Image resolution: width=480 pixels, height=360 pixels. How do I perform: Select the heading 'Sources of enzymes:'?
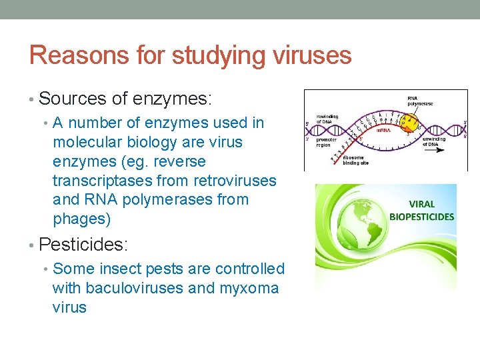tap(125, 99)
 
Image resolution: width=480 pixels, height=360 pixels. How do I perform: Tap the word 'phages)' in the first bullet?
tap(81, 219)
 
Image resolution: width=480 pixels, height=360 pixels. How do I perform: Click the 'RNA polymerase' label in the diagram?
tap(421, 101)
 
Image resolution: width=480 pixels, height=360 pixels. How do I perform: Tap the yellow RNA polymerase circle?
tap(409, 121)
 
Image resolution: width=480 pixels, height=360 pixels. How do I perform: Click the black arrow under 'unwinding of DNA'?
tap(440, 151)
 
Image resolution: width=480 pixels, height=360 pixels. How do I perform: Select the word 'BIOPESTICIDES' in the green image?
tap(422, 217)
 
